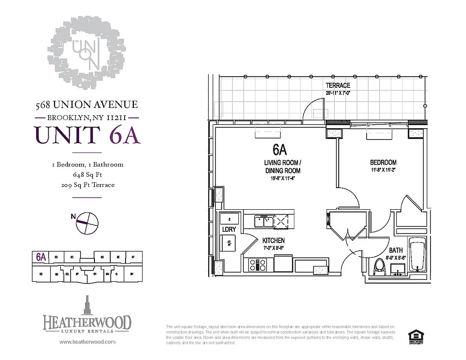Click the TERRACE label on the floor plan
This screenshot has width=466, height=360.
click(x=338, y=85)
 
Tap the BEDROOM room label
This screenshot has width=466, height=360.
click(x=383, y=162)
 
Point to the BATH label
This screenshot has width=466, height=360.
click(x=396, y=250)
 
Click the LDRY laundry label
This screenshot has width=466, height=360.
click(x=229, y=229)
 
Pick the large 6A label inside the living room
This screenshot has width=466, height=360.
click(x=279, y=149)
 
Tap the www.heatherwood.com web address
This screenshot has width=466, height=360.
click(x=87, y=342)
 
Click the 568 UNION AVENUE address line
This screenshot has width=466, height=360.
click(x=86, y=105)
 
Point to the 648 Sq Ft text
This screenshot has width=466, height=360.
click(x=87, y=175)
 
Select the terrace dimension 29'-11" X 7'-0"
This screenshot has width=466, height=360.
click(x=338, y=93)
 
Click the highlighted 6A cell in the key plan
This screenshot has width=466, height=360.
click(x=41, y=257)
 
